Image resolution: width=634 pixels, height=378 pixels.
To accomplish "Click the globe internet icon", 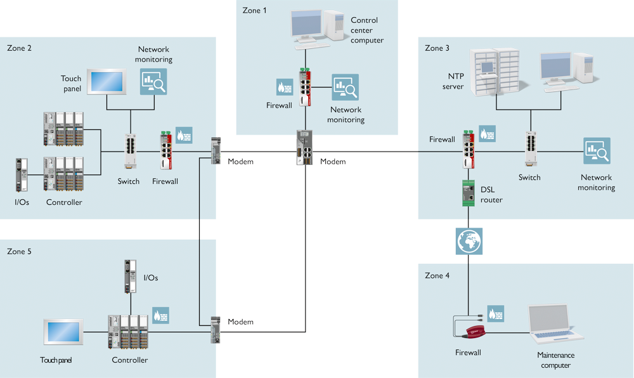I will click(469, 240).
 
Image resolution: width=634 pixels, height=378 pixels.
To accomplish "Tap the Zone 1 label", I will click(255, 10).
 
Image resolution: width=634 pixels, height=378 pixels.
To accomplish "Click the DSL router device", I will click(469, 193).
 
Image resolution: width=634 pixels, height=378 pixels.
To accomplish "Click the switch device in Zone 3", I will click(531, 149).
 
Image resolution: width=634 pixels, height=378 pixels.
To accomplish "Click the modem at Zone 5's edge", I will click(216, 329).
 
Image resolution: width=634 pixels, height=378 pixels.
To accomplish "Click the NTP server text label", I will click(453, 81).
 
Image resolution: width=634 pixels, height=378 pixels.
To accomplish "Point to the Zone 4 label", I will click(437, 275).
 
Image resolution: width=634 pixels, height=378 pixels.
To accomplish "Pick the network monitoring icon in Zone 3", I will click(597, 152).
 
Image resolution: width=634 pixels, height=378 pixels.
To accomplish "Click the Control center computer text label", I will click(367, 30).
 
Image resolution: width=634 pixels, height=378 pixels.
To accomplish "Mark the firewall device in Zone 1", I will click(306, 86).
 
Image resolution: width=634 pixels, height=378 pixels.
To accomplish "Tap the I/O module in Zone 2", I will click(21, 175).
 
